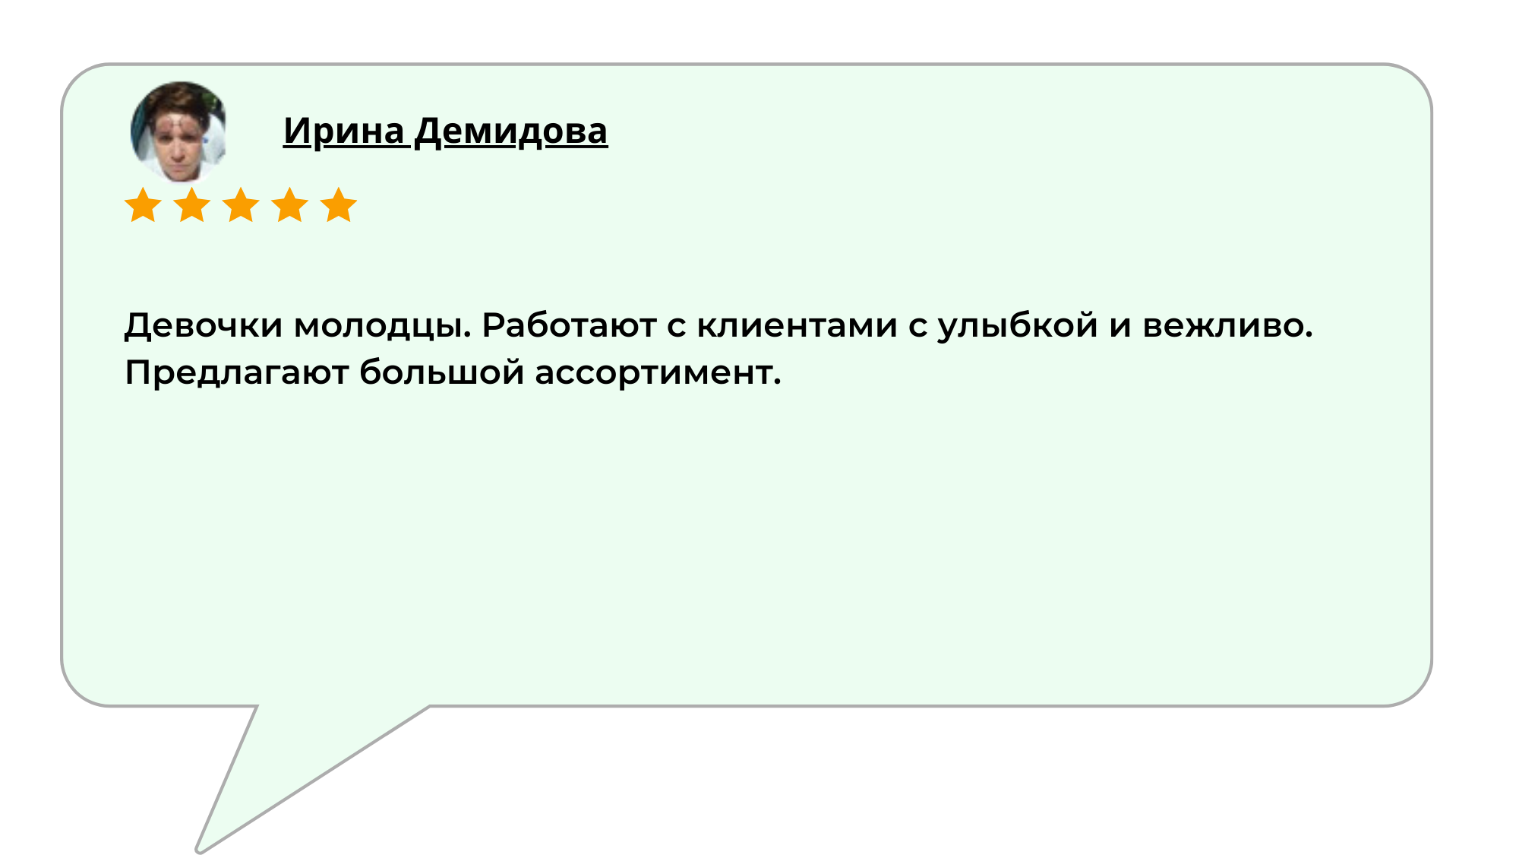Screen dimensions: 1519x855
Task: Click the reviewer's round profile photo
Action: pos(178,131)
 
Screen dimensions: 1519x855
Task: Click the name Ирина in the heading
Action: pos(344,131)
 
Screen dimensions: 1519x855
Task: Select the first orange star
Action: pos(143,205)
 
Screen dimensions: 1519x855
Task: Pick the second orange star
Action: pos(192,205)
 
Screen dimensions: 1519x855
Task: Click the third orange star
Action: pos(241,205)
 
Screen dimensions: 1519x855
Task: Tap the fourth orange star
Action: pos(290,205)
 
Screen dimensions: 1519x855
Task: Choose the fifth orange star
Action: pos(339,205)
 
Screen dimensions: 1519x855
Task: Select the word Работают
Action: pos(569,326)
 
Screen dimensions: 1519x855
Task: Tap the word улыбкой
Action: pos(1018,328)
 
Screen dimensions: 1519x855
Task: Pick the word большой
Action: pos(441,372)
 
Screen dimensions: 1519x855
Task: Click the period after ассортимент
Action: pos(777,383)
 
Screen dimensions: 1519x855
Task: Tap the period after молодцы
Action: pos(467,336)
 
